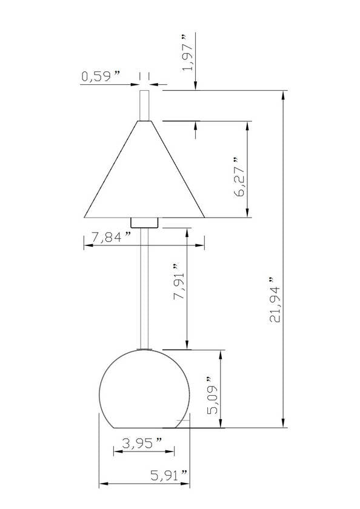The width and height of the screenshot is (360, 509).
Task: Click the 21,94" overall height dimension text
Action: point(275,299)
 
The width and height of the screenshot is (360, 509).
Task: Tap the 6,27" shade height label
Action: point(239,177)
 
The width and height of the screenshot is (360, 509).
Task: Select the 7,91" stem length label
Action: point(179,282)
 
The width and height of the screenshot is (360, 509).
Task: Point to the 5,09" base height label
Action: point(213,395)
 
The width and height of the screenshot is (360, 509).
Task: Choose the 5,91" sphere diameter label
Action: point(169,476)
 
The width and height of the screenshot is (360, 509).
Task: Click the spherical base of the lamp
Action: point(144,389)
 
